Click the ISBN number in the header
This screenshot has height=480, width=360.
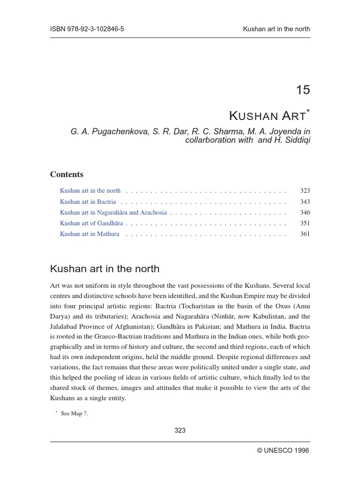pos(87,29)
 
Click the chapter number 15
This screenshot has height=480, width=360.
pos(303,90)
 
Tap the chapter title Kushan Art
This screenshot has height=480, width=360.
pos(267,115)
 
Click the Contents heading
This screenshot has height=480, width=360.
pos(67,174)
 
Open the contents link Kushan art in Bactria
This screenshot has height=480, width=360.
pos(88,202)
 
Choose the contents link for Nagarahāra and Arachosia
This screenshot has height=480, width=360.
pos(113,212)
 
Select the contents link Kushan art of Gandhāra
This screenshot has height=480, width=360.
pos(91,223)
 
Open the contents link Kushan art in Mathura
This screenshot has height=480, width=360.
pos(90,234)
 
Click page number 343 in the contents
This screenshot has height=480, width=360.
pos(305,202)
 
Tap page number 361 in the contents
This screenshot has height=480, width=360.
pos(305,234)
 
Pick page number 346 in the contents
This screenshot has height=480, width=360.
pos(305,212)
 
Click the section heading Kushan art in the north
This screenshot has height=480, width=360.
pos(105,269)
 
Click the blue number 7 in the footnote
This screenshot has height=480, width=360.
pos(85,413)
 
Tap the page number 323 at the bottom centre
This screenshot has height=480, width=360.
pos(180,430)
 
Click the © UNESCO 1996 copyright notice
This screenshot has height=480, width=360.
pos(283,450)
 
